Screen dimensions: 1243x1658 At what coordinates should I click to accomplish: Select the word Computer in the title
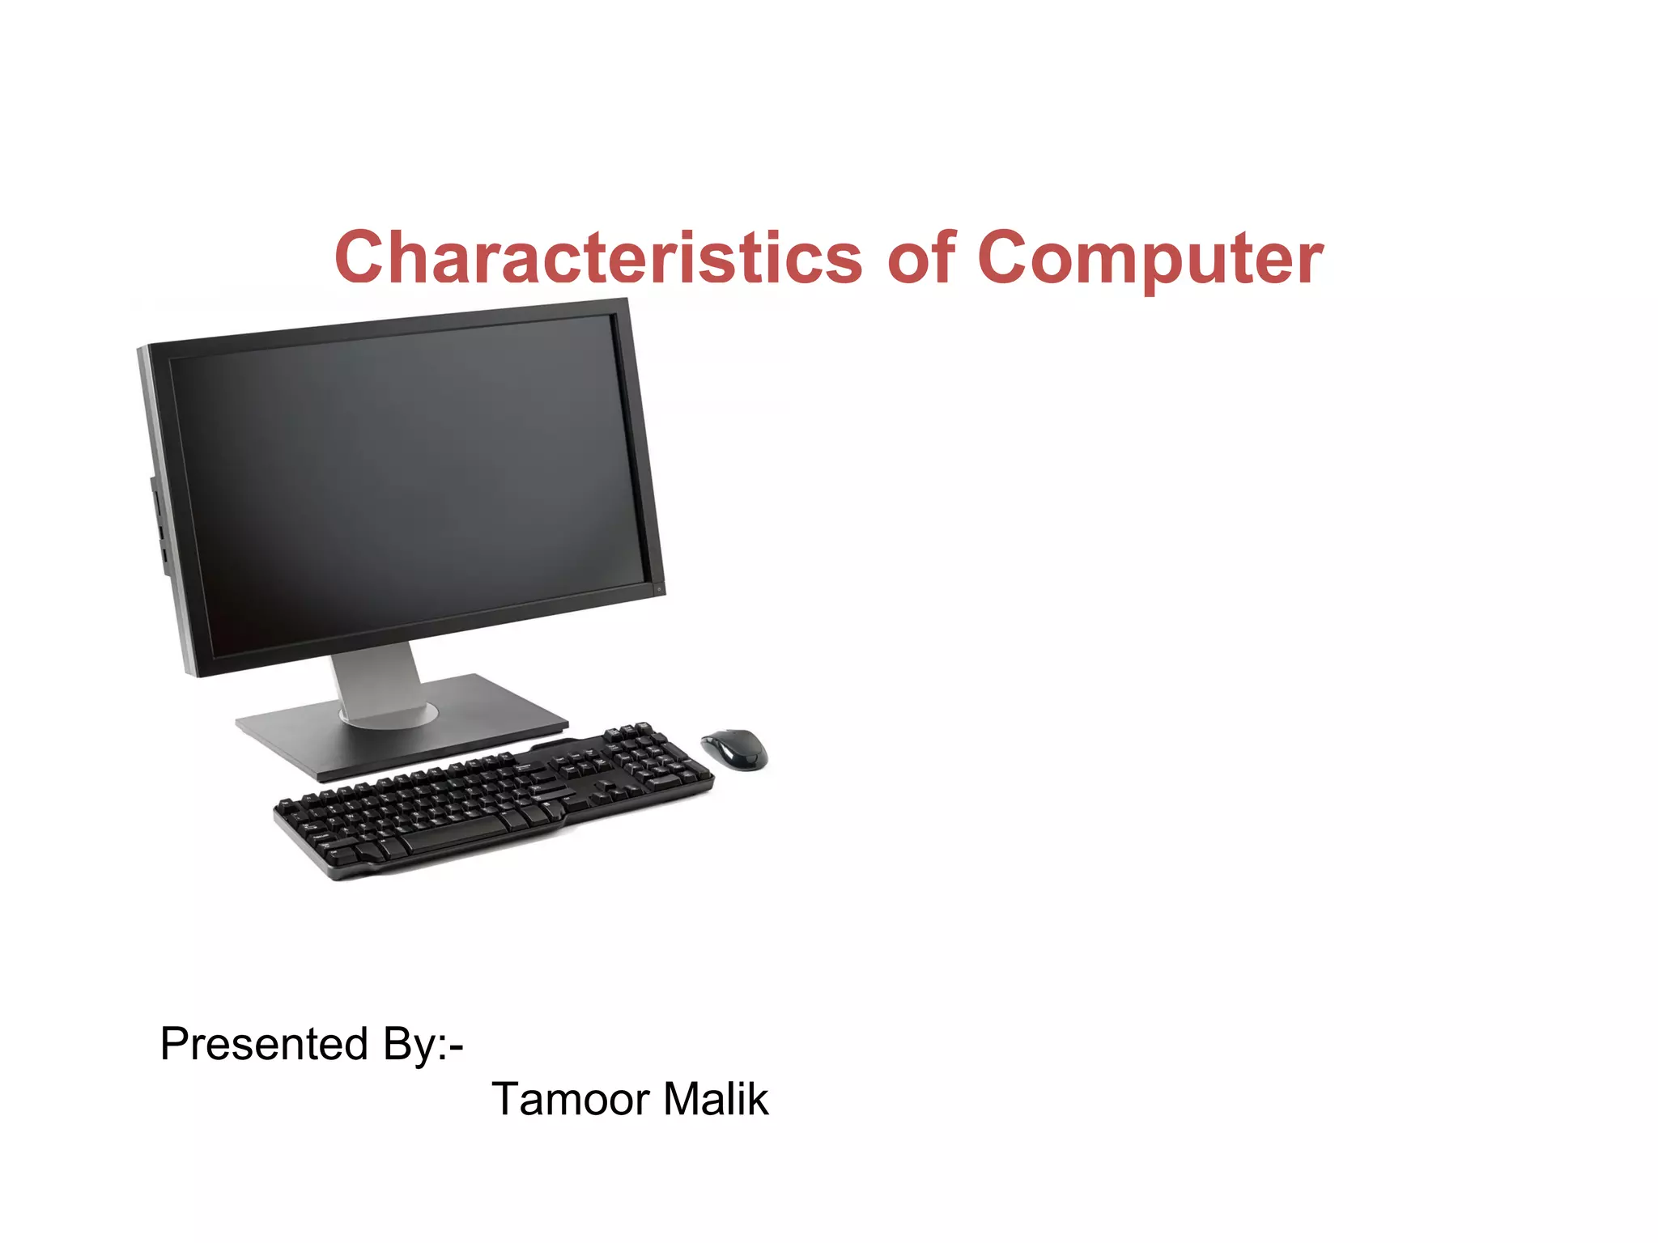1150,259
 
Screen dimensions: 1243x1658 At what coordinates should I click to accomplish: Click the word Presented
264,1044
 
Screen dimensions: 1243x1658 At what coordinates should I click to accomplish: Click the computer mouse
734,749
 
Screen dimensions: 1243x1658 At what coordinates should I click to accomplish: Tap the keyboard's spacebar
453,832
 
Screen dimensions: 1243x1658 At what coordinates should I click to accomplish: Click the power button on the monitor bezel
660,588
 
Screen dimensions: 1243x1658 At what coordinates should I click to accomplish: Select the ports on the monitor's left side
158,526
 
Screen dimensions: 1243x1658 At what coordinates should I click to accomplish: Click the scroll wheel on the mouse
723,738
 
